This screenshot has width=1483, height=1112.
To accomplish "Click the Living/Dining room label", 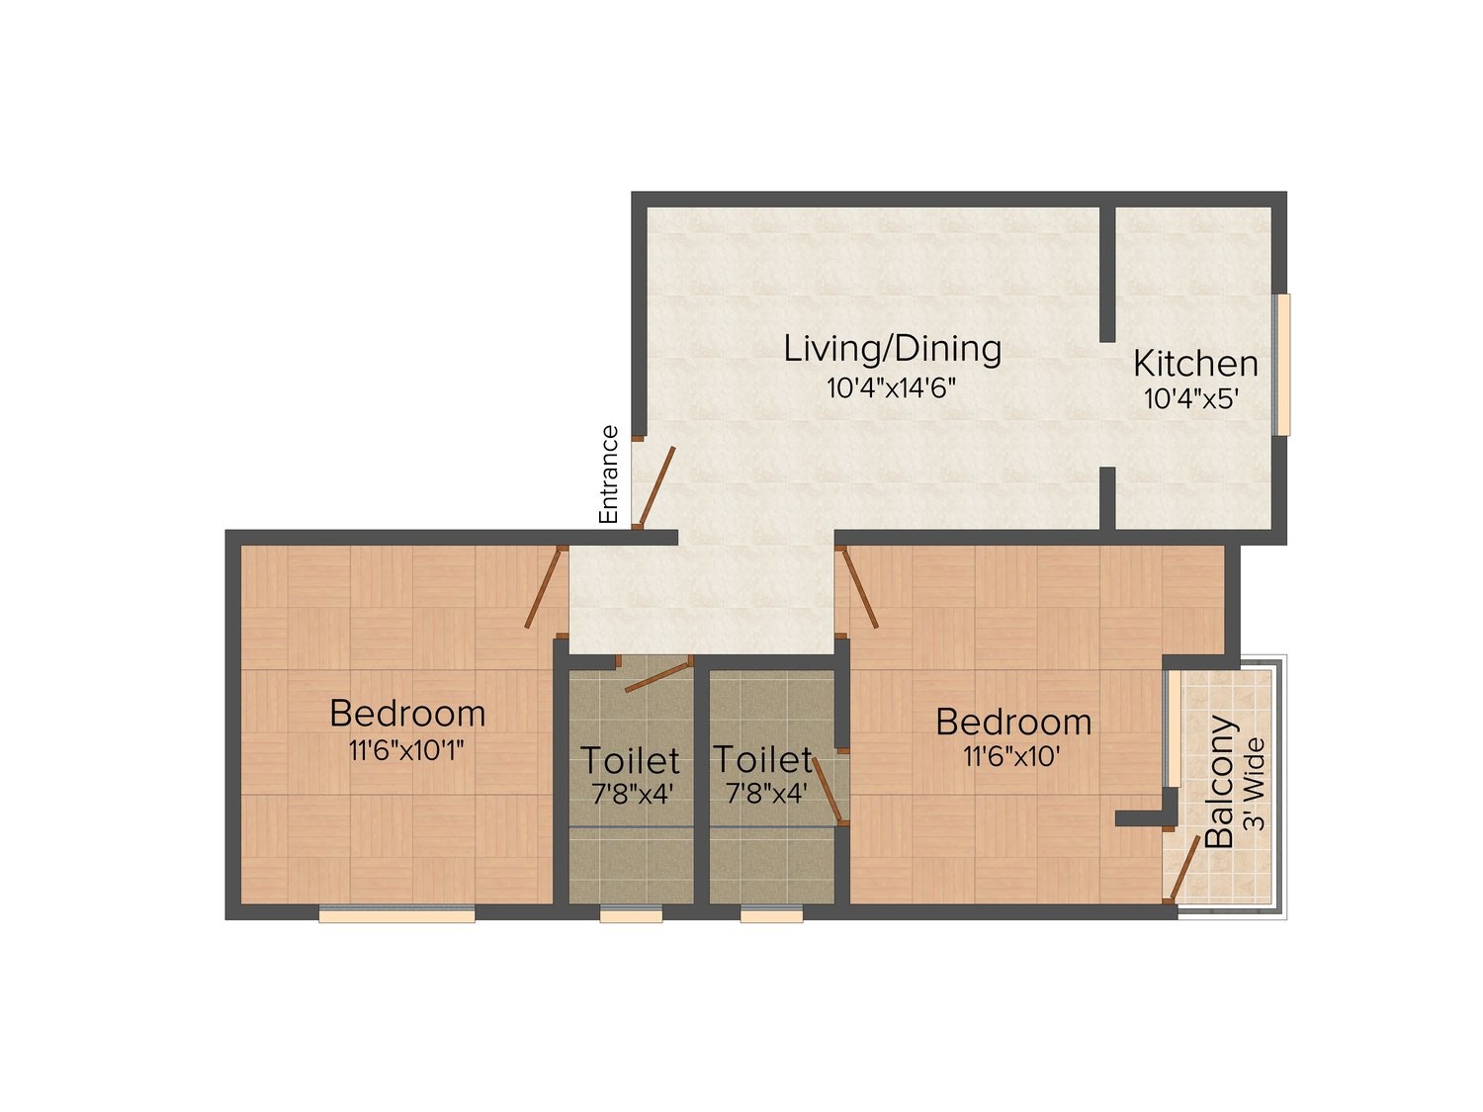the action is [892, 350].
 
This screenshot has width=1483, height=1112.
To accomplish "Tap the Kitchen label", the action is [1195, 364].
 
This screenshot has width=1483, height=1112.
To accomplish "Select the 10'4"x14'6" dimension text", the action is [892, 387].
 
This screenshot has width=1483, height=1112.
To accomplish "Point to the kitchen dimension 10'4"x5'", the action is [1190, 399].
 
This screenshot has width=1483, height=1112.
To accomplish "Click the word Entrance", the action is [609, 474].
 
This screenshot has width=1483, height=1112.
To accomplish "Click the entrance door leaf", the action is [656, 485].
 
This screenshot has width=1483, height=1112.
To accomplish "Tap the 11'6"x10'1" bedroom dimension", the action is [406, 750].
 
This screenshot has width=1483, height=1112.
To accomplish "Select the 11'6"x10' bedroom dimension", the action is [1010, 757].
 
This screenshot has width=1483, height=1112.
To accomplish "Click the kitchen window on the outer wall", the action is [1281, 365].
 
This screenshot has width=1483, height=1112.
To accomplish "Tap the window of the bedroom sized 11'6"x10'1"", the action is [396, 914].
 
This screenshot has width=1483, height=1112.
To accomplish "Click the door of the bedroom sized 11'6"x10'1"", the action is [543, 587].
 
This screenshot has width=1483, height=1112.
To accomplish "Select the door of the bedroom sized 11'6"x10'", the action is [858, 587].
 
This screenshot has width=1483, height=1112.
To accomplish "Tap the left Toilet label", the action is [630, 760].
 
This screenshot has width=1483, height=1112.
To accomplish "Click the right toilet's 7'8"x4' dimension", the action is [766, 794].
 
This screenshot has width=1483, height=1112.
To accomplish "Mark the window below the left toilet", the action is [631, 914].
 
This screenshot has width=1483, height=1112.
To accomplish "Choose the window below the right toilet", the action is [771, 914].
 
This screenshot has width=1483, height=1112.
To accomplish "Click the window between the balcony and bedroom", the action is [1175, 728].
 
